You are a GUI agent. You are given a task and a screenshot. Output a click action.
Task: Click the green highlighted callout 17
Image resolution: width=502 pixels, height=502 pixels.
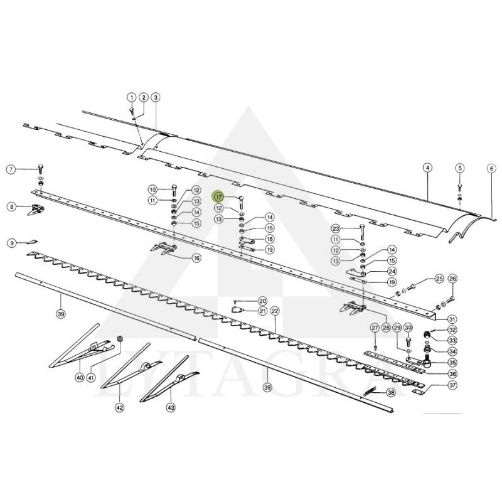coord(218,196)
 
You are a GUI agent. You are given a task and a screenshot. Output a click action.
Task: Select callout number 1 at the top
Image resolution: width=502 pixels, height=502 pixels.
coord(132,97)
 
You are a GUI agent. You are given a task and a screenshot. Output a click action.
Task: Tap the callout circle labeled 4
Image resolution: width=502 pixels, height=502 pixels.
coord(427,168)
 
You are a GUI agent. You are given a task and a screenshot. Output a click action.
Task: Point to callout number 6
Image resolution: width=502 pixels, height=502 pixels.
coord(491,168)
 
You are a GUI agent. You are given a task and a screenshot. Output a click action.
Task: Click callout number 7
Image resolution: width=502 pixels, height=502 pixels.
coord(11,169)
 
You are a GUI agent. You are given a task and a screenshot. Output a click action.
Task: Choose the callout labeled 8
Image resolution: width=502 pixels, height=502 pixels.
coord(11,206)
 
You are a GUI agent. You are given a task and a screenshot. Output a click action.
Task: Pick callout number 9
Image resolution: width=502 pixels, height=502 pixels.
coord(11,242)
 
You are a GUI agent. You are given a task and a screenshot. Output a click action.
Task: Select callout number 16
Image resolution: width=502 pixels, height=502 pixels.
coord(196,257)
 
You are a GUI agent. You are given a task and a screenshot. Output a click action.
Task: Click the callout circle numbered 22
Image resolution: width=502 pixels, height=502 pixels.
coord(275,311)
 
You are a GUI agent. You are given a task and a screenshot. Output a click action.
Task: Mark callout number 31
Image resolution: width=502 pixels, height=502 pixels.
coord(452,319)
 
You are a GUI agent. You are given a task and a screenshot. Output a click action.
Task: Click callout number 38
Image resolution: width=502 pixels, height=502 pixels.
coord(390,393)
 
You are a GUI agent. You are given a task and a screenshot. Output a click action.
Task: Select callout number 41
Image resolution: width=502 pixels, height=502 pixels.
coord(91,378)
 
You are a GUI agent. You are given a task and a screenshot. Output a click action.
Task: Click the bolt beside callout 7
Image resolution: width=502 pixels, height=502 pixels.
coord(40,168)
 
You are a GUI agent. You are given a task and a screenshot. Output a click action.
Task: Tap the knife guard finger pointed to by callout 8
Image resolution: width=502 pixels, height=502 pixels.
coord(37,209)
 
